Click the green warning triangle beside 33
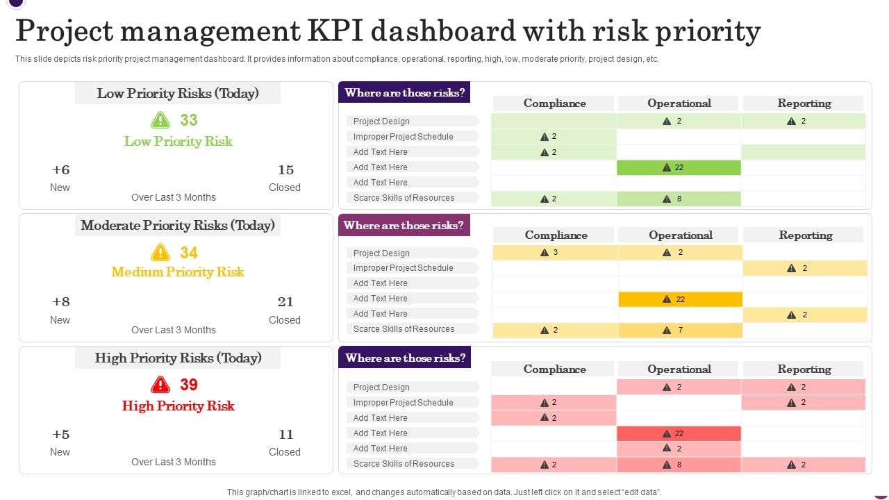160,120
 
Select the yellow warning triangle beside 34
160,252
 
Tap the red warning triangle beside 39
160,385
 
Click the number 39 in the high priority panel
189,385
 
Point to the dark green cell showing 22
679,167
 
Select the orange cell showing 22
680,299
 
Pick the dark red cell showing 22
679,433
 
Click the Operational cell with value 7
680,330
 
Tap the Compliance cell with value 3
555,253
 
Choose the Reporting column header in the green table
804,103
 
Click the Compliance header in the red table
554,369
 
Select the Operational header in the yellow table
681,235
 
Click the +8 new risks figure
60,302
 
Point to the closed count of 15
285,170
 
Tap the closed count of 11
285,435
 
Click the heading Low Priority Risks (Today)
178,94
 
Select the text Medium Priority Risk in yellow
178,272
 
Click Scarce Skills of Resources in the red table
404,464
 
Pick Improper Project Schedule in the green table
403,137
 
